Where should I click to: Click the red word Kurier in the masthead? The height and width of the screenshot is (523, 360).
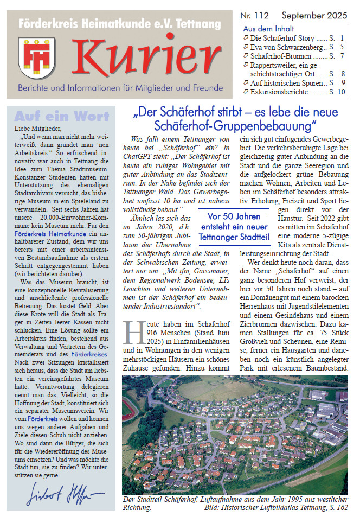pyautogui.click(x=147, y=56)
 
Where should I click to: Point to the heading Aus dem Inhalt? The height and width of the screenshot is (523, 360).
pyautogui.click(x=268, y=29)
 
